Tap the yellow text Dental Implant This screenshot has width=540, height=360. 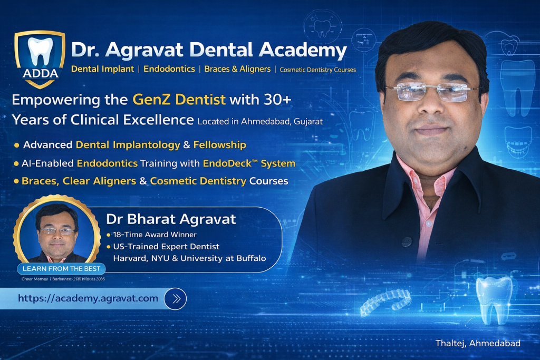point(102,69)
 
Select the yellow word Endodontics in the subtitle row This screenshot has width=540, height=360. point(169,69)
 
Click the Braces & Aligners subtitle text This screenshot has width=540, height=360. point(237,69)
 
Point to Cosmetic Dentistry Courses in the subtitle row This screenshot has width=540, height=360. point(317,70)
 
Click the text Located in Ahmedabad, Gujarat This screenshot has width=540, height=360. point(260,121)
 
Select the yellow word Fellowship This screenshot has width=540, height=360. point(220,144)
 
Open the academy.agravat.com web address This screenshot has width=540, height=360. point(88,298)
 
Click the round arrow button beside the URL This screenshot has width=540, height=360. point(175,299)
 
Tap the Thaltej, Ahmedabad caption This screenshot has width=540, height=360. point(478,343)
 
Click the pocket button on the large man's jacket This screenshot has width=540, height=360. point(406,241)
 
